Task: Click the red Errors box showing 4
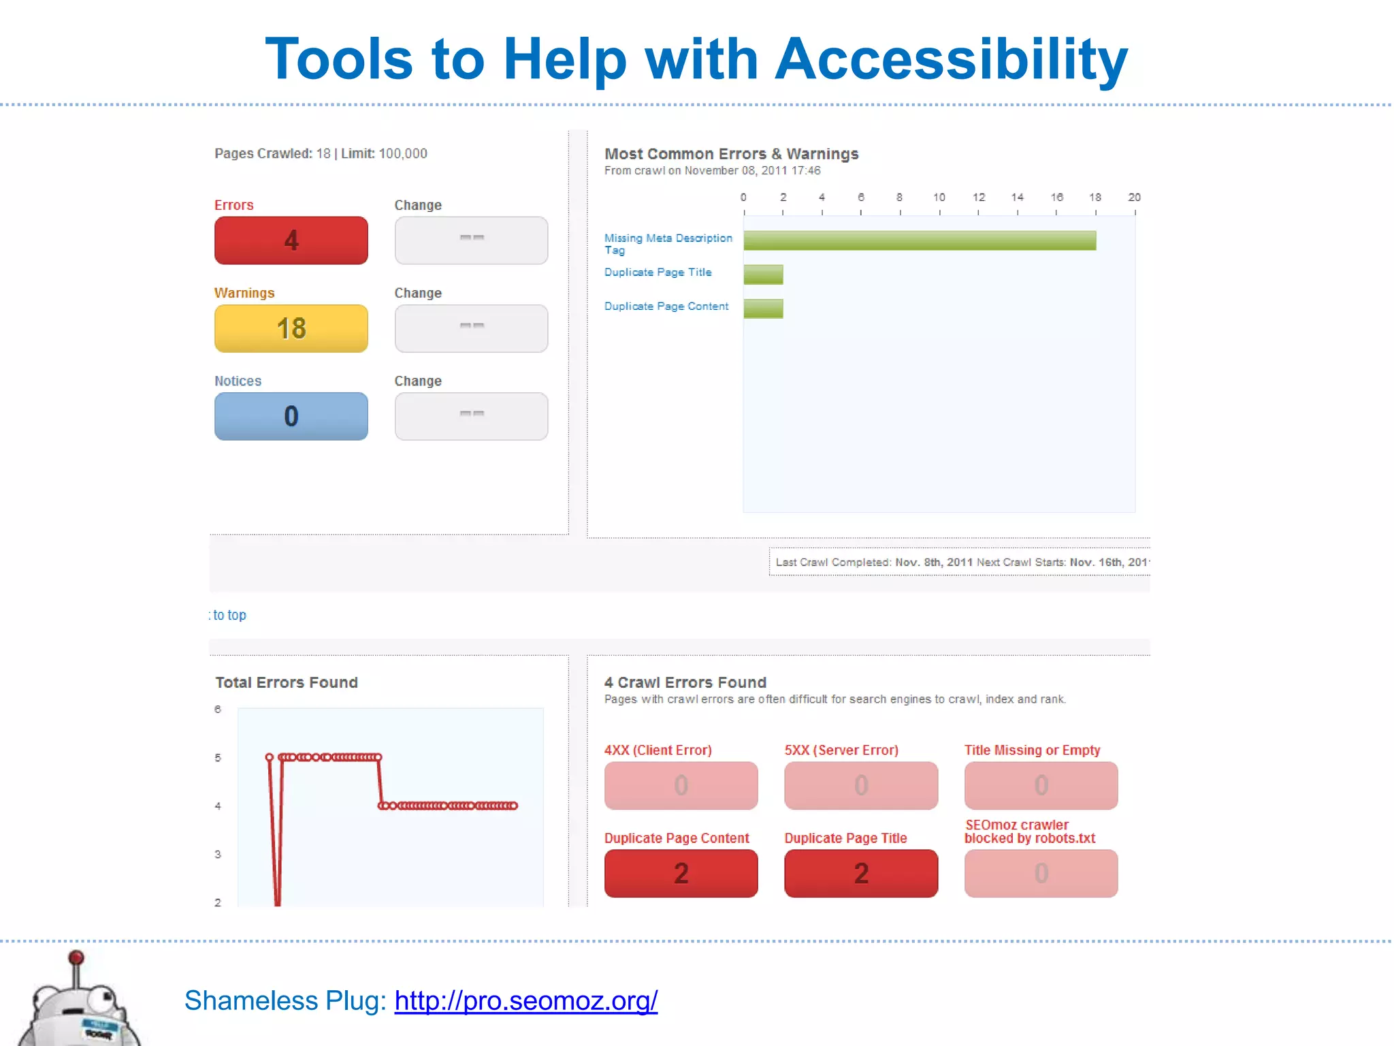click(x=291, y=240)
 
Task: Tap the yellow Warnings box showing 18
click(x=291, y=328)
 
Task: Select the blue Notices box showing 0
click(x=291, y=416)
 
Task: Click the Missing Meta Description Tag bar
click(x=919, y=240)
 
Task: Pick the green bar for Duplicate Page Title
click(x=763, y=274)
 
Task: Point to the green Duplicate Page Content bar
click(x=763, y=308)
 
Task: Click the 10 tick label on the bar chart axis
click(x=939, y=197)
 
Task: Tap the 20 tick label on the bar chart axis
click(x=1134, y=197)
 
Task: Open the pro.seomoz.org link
click(x=525, y=1000)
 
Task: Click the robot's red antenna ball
click(x=77, y=958)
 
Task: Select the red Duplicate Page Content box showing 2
click(x=681, y=873)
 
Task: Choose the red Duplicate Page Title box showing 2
click(x=861, y=873)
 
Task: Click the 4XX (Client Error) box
click(x=681, y=785)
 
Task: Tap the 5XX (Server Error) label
click(x=841, y=750)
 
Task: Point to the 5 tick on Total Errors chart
click(x=218, y=757)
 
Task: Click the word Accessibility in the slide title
click(x=951, y=59)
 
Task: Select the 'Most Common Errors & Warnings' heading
click(x=731, y=154)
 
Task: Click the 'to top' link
click(x=229, y=615)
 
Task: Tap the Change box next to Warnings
click(x=471, y=328)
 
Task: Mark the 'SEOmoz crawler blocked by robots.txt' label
click(x=1029, y=831)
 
